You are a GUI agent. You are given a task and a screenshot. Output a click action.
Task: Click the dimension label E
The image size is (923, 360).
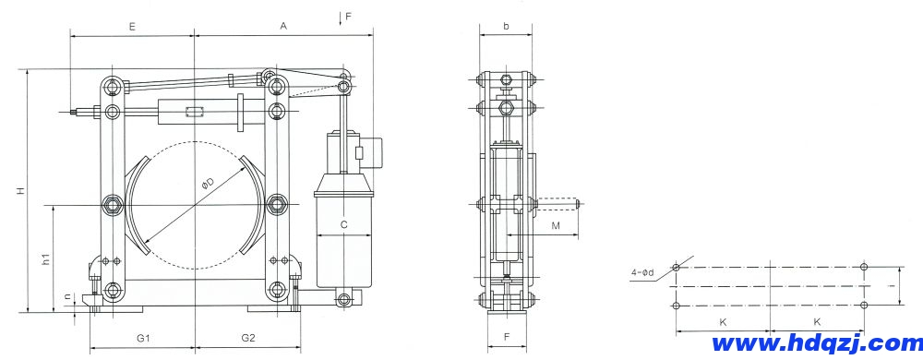pos(132,26)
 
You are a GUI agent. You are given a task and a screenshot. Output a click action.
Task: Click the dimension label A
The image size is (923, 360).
pos(283,26)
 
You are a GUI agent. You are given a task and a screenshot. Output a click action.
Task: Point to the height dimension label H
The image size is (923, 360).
pos(20,190)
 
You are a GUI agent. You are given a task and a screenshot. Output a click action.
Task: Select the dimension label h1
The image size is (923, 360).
pos(46,258)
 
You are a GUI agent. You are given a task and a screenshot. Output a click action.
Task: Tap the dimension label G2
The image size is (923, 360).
pos(247,338)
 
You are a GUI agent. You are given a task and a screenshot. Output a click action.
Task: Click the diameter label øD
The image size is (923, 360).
pos(207,184)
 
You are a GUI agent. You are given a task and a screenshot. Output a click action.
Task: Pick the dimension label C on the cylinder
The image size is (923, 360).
pos(344,224)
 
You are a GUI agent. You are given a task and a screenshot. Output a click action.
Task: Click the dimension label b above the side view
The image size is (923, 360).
pos(506,26)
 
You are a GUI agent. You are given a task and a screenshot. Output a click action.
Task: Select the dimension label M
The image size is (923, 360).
pos(556,225)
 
